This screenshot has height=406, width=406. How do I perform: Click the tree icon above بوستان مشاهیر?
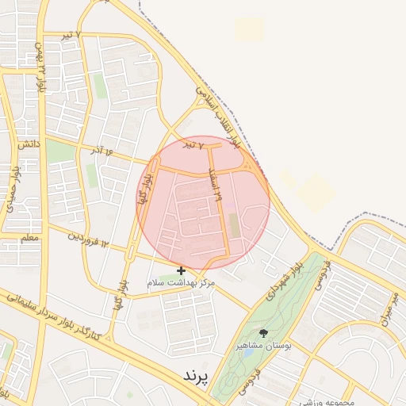click(263, 334)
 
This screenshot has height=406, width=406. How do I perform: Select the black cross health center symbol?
click(182, 271)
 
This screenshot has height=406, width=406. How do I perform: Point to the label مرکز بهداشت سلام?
click(182, 282)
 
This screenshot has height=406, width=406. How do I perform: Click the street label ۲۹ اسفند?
click(214, 183)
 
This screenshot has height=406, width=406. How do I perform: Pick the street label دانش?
click(26, 145)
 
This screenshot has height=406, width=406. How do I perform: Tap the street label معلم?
click(29, 237)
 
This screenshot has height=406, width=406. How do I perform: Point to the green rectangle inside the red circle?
click(233, 225)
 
